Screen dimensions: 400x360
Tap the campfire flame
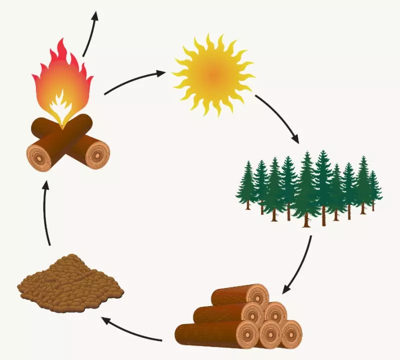click(x=62, y=80)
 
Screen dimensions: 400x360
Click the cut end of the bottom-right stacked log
click(x=290, y=333)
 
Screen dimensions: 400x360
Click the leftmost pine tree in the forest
click(x=247, y=188)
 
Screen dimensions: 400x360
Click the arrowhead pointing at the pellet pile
click(x=107, y=320)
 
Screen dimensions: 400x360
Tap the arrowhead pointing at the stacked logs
click(x=285, y=289)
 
